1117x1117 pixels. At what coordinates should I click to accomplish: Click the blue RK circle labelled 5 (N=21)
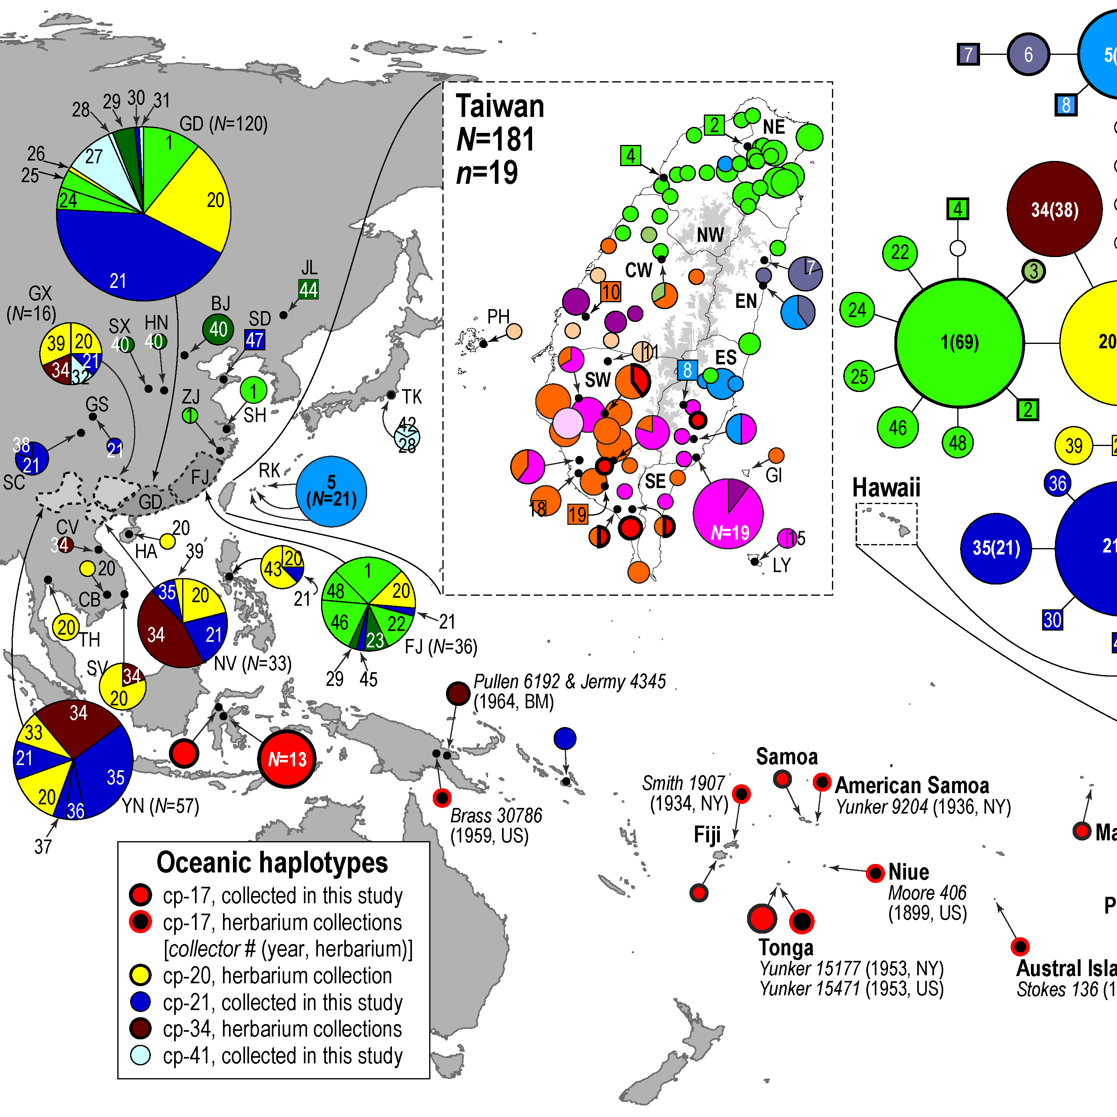(x=331, y=491)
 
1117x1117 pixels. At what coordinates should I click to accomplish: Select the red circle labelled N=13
(x=287, y=759)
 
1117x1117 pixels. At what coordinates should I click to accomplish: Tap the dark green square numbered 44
(x=308, y=289)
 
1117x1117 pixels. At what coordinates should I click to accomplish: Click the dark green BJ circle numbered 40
(x=218, y=329)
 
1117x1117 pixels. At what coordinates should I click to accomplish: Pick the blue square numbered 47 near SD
(x=254, y=340)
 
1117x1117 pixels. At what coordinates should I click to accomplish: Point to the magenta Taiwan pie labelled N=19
(x=728, y=513)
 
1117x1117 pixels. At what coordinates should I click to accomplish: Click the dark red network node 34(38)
(x=1054, y=209)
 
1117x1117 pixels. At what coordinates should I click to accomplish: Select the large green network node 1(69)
(x=959, y=343)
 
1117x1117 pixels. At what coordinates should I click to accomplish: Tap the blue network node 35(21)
(x=996, y=548)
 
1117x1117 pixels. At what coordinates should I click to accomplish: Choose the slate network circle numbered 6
(x=1028, y=54)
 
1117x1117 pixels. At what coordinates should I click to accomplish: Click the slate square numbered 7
(x=968, y=54)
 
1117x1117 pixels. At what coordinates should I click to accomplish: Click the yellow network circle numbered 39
(x=1074, y=445)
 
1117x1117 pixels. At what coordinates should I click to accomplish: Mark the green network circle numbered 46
(x=897, y=427)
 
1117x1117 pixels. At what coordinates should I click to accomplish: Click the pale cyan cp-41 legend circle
(x=141, y=1055)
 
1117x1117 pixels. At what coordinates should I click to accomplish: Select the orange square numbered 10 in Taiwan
(x=611, y=292)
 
